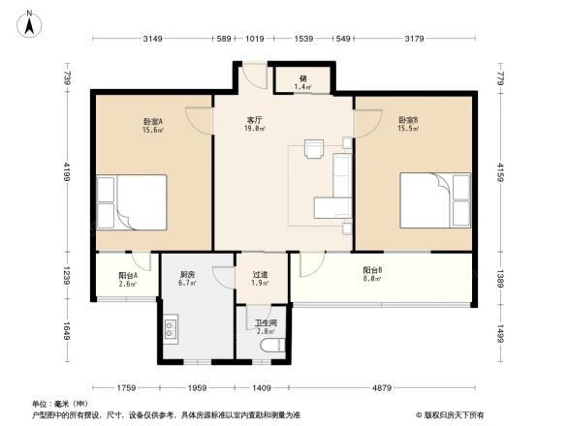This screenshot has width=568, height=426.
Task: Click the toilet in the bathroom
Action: pos(271,346)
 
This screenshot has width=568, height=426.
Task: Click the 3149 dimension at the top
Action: pos(152,39)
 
